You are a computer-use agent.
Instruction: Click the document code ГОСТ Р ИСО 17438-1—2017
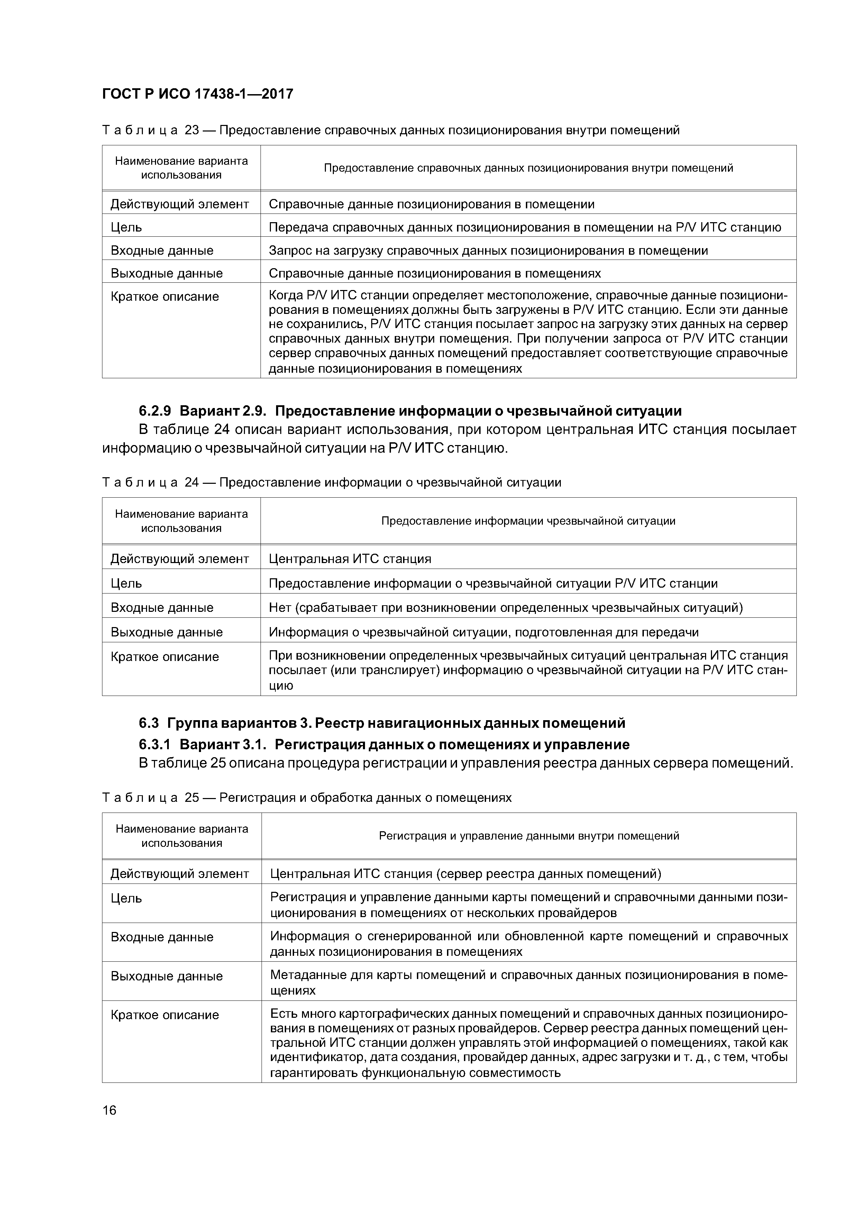pos(197,94)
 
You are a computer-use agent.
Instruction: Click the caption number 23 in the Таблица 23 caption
pos(191,130)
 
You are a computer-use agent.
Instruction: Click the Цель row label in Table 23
pos(126,227)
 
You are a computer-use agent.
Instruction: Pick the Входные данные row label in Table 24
pos(162,608)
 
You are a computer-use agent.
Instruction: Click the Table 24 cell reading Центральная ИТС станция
pos(350,559)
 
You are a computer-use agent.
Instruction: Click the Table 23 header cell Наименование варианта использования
pos(181,167)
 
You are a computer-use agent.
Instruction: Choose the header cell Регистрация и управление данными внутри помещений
pos(529,836)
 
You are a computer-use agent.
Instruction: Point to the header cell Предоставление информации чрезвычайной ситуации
pos(528,521)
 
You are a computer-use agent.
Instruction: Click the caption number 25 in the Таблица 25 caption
pos(191,797)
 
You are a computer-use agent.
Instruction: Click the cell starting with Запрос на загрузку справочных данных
pos(488,251)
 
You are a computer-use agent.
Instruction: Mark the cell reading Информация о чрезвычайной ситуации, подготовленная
pos(484,632)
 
